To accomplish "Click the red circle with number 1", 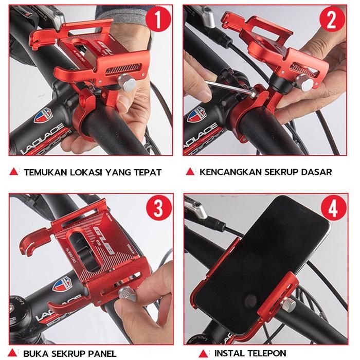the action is tap(158, 20).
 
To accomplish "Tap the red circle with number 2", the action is tap(332, 20).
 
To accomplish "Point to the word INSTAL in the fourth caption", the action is tap(229, 353).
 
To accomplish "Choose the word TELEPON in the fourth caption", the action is tap(267, 353).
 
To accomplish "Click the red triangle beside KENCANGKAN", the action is tap(190, 172).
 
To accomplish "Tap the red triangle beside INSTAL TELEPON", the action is tap(203, 353).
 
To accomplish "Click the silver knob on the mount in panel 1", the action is tap(127, 82).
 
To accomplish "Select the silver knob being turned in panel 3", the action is tap(127, 294).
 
